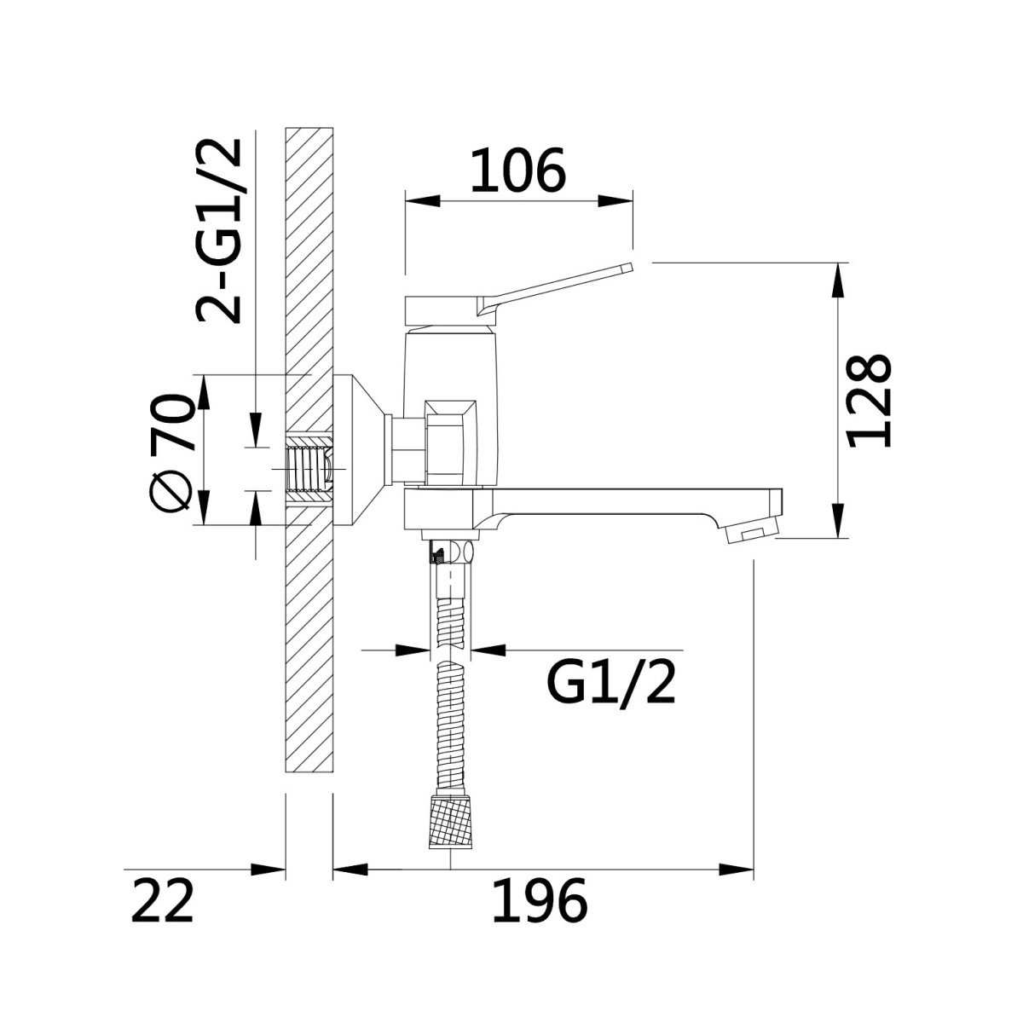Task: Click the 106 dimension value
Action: [x=518, y=170]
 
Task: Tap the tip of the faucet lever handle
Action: [x=630, y=267]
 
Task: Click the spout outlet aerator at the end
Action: [x=751, y=530]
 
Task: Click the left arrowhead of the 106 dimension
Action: [x=423, y=201]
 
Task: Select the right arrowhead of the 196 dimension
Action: [x=736, y=870]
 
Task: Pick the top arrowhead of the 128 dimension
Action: [x=838, y=280]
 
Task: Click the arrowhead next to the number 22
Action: [x=268, y=870]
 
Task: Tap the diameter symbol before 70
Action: [x=171, y=491]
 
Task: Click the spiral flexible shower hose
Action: [x=450, y=691]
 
